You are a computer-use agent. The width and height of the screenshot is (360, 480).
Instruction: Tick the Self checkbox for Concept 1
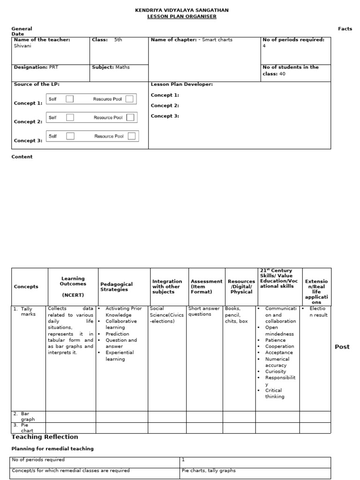tap(70, 99)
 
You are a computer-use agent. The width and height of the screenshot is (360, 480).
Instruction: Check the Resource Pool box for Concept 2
tap(130, 117)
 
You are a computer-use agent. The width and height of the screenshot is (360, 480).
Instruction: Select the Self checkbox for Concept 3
tap(70, 136)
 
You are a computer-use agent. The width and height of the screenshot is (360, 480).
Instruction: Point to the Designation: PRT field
tap(36, 67)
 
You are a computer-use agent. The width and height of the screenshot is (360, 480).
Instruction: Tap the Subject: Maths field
tap(111, 67)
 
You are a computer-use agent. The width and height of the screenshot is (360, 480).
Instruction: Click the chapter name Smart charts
tap(217, 40)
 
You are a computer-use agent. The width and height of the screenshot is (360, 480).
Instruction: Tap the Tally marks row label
tap(28, 312)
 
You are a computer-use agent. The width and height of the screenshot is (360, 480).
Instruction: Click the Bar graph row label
tap(27, 417)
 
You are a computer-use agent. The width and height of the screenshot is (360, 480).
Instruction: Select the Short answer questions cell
tap(204, 312)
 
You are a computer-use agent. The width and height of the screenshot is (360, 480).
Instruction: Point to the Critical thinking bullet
tap(274, 393)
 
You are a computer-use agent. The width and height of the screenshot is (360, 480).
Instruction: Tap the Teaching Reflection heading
tap(45, 437)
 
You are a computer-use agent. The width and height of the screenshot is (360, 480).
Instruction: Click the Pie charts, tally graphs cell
tap(209, 471)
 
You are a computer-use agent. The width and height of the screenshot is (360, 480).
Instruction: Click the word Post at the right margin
tap(342, 347)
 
